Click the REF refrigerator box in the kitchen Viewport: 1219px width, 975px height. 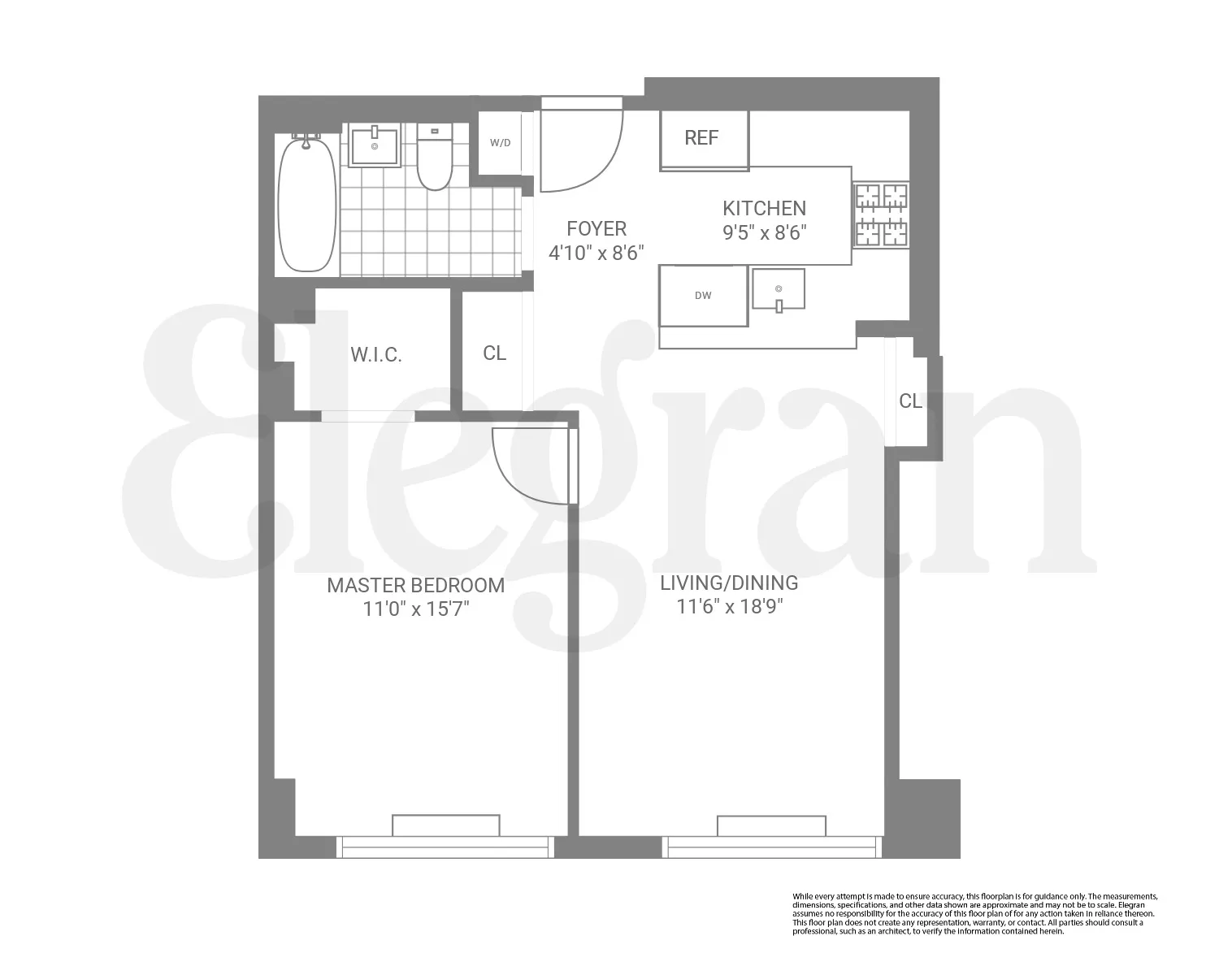coord(703,138)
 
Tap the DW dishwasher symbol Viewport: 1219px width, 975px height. coord(703,296)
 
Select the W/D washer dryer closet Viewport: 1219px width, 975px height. coord(500,143)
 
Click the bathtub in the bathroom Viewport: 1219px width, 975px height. coord(306,205)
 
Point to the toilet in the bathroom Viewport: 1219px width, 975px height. coord(435,157)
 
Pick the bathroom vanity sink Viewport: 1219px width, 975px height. coord(375,146)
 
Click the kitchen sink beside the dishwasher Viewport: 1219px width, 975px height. coord(779,290)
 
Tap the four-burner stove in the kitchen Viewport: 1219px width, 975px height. coord(880,215)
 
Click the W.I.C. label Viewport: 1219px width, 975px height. coord(376,354)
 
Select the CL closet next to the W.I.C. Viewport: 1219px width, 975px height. coord(494,353)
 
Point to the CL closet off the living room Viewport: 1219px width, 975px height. coord(910,401)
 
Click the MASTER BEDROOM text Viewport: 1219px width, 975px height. coord(415,585)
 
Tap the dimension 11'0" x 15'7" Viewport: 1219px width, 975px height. coord(416,609)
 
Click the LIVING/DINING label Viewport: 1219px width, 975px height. coord(728,583)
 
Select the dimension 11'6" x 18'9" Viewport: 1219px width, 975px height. coord(728,606)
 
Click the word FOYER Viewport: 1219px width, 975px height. coord(596,228)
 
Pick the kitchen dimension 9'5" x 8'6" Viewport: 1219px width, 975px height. coord(764,233)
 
